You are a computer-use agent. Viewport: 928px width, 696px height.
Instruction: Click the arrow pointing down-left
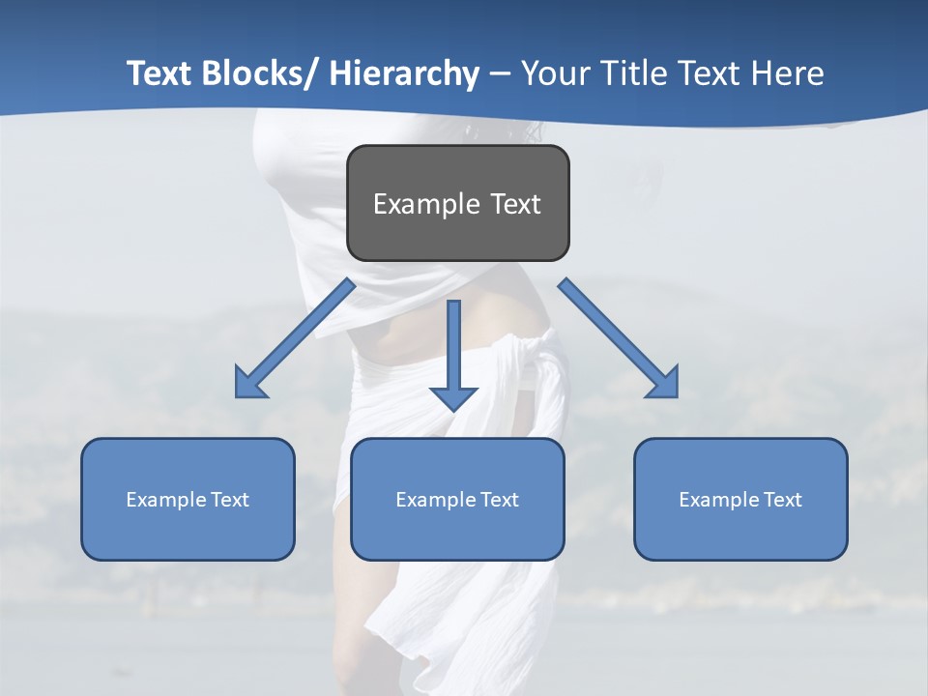(295, 338)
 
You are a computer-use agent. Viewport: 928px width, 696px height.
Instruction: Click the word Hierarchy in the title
(404, 74)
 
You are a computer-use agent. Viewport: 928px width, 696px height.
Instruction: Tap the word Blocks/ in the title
(258, 73)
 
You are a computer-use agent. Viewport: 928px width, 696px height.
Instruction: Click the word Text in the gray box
(515, 204)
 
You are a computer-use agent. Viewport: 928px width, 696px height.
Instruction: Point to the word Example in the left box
(166, 500)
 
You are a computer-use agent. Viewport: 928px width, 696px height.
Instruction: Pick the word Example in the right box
(719, 500)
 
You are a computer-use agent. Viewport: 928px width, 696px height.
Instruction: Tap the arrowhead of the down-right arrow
(665, 385)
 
